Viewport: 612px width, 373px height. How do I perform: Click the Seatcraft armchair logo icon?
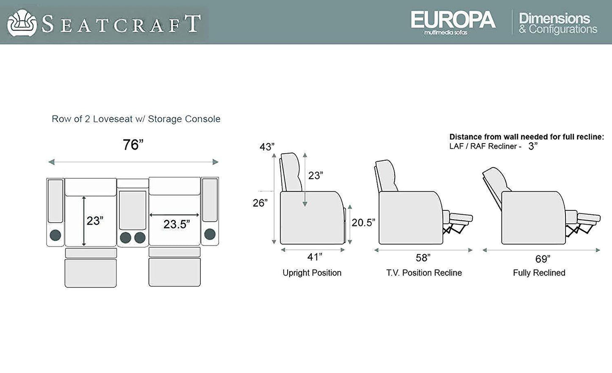point(22,23)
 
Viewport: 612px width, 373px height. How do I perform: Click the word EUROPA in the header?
point(453,19)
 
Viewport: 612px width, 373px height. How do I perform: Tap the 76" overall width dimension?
point(133,145)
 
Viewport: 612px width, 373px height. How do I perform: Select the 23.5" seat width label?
point(177,224)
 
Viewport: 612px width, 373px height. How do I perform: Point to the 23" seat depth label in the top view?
point(95,221)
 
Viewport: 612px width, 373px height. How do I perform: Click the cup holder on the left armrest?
point(55,235)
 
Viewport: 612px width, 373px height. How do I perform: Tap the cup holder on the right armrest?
point(210,234)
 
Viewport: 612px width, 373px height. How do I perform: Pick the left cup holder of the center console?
point(125,238)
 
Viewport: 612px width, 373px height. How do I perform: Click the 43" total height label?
point(267,147)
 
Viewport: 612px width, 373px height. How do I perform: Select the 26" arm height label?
point(260,203)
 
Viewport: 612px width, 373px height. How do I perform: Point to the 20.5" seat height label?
point(363,223)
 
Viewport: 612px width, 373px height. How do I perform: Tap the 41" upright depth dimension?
point(315,257)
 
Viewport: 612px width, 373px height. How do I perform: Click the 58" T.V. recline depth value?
point(423,258)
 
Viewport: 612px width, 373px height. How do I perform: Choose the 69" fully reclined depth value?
point(543,259)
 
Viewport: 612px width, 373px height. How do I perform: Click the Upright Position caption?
point(312,273)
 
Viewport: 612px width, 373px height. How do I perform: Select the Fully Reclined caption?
point(539,273)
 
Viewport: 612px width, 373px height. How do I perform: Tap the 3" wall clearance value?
point(533,146)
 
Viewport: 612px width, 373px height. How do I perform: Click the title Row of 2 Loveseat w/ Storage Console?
point(136,119)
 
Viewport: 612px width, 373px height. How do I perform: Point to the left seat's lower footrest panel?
point(91,274)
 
